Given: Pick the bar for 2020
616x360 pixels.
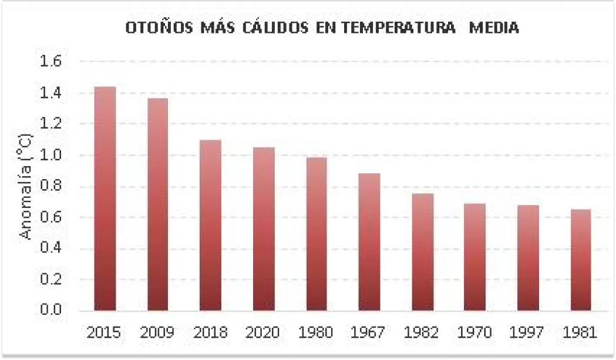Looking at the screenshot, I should pyautogui.click(x=264, y=228).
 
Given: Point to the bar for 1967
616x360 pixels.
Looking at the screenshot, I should pyautogui.click(x=369, y=241).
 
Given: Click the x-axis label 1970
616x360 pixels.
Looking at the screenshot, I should pyautogui.click(x=475, y=333).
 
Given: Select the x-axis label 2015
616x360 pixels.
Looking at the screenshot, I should pyautogui.click(x=104, y=333).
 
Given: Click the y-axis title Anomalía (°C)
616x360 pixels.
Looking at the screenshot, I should pyautogui.click(x=26, y=186).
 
